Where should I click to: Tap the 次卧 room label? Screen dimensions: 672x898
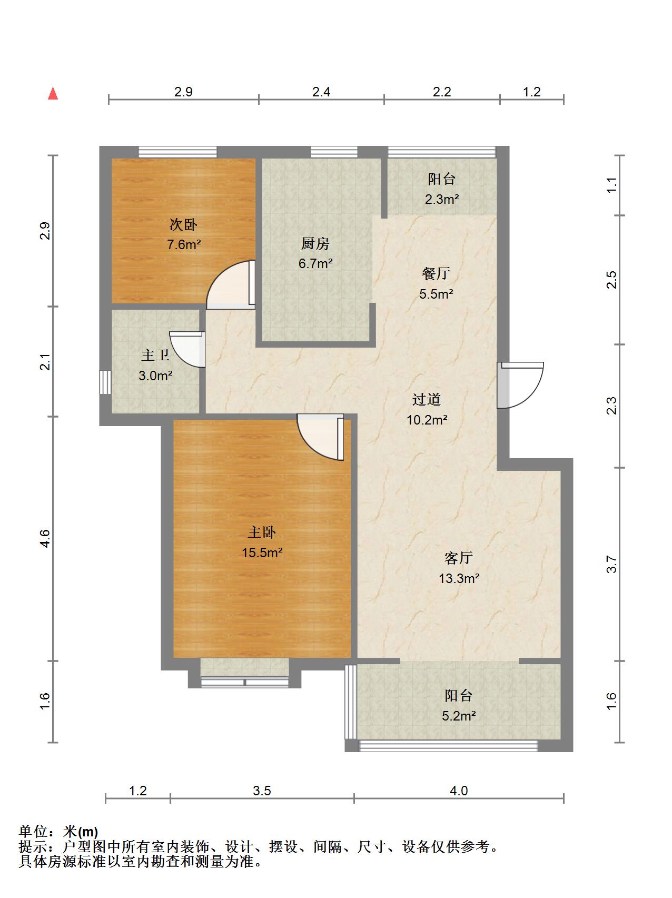point(183,225)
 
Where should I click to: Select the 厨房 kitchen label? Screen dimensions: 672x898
point(315,243)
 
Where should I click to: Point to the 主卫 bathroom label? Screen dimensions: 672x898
point(155,355)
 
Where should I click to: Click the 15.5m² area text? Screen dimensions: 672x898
point(262,552)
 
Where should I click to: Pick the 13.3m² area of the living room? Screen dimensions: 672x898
point(459,578)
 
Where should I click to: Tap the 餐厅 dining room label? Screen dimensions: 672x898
point(436,273)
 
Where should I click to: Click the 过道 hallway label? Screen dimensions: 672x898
point(427,400)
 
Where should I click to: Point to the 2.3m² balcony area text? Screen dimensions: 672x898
point(442,199)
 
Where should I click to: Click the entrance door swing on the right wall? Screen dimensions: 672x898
point(520,385)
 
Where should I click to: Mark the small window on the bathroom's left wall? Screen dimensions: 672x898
point(105,382)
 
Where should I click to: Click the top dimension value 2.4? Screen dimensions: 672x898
point(321,92)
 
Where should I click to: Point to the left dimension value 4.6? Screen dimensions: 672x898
point(45,538)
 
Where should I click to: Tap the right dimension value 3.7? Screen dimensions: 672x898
point(611,564)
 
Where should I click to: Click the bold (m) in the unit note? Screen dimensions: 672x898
point(88,832)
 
